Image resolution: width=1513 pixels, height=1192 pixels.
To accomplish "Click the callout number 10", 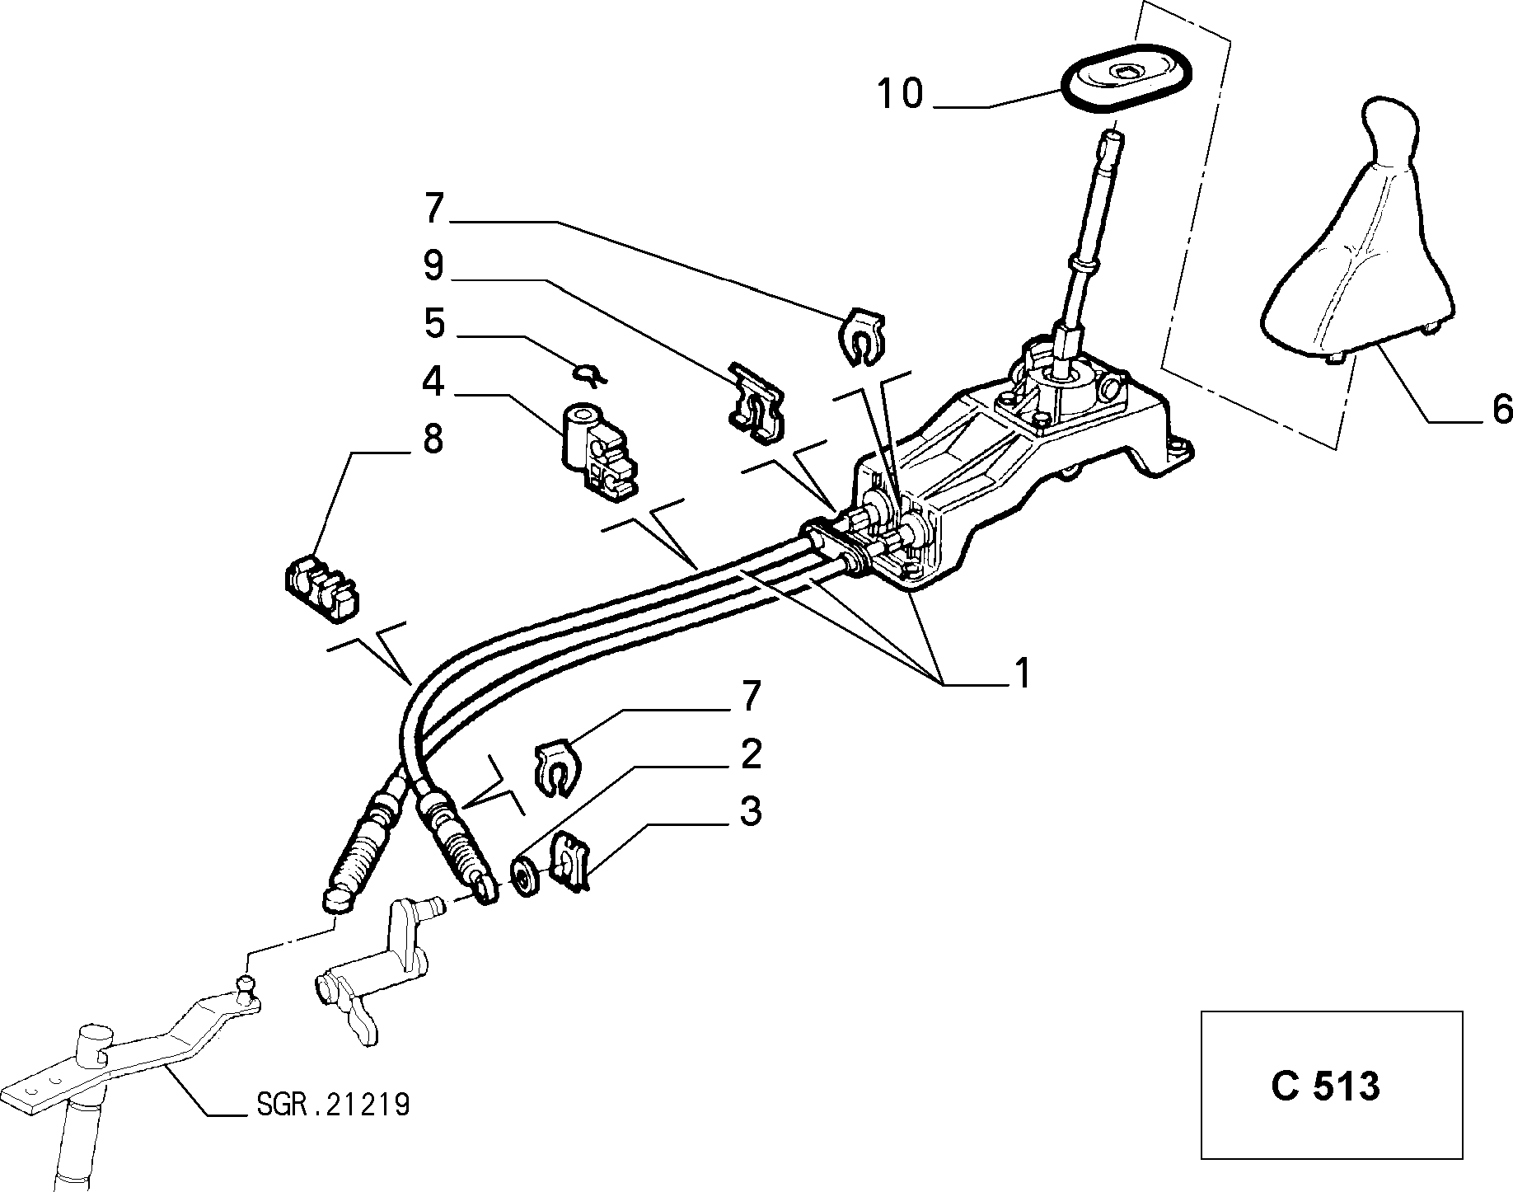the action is pos(900,93).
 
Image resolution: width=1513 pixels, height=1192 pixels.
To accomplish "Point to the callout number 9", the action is pos(433,266).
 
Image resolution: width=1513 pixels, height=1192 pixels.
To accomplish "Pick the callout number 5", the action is pos(434,324).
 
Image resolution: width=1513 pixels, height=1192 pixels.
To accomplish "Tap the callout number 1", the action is pos(1023,673).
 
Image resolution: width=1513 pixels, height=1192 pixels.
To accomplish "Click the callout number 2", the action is pos(750,754).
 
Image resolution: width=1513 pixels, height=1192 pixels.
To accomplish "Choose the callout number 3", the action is pos(750,812).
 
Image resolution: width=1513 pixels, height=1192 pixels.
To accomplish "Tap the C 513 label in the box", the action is pos(1325,1086).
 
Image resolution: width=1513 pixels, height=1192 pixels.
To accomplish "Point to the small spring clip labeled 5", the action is pos(591,375).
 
